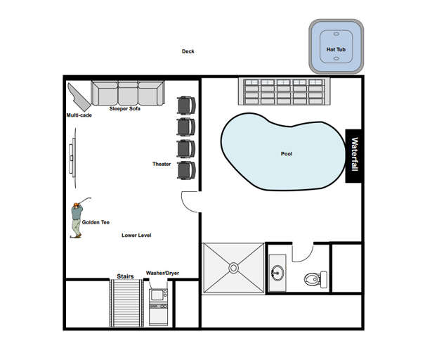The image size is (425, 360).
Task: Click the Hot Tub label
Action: pyautogui.click(x=336, y=49)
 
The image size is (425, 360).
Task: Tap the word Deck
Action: pyautogui.click(x=188, y=51)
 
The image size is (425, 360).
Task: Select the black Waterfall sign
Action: pyautogui.click(x=355, y=156)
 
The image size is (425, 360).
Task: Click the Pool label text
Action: pyautogui.click(x=287, y=154)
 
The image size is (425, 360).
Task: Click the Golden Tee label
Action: pyautogui.click(x=96, y=222)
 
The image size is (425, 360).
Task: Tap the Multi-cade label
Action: pyautogui.click(x=79, y=115)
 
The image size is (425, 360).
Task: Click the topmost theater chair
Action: pyautogui.click(x=186, y=105)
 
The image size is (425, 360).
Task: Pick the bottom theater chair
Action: pyautogui.click(x=186, y=170)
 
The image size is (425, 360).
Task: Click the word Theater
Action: pyautogui.click(x=162, y=164)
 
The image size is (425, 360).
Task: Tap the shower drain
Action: pyautogui.click(x=233, y=268)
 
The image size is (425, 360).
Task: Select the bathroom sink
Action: pyautogui.click(x=276, y=273)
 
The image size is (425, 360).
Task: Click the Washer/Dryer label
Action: pyautogui.click(x=162, y=273)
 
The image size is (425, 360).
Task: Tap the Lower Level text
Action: pyautogui.click(x=136, y=236)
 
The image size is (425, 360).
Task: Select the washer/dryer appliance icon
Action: pyautogui.click(x=158, y=304)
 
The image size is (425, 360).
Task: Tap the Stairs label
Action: pyautogui.click(x=124, y=276)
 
